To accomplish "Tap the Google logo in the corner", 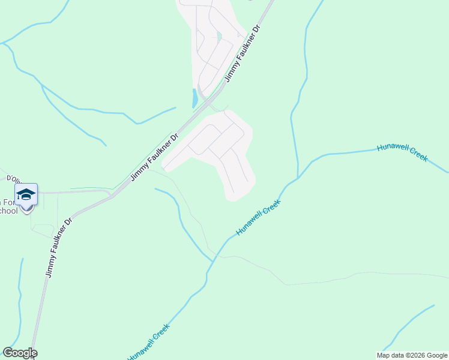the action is coord(20,353).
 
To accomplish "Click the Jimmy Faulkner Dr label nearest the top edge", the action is coord(243,53).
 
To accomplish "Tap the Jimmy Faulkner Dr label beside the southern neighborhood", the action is coord(154,157).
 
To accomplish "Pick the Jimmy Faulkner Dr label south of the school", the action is coord(59,247).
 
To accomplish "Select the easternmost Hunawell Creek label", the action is coord(402,152).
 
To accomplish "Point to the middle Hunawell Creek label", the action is coord(258,218).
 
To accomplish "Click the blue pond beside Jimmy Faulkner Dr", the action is coord(194,98).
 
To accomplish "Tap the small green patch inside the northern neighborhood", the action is coord(220,37).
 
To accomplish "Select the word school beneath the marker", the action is coord(8,211).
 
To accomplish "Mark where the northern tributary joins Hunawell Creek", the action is coord(297,178).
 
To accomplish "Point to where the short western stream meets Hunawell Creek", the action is coord(211,261).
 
